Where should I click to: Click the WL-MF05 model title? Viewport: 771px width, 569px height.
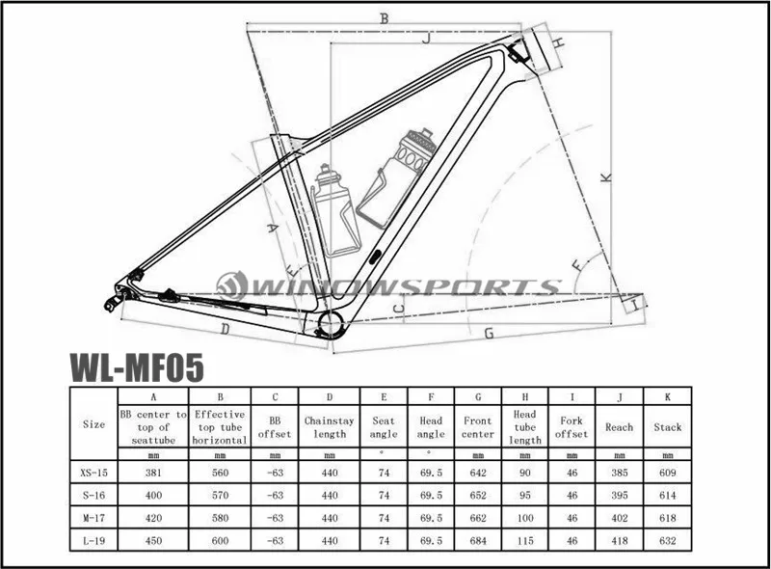(x=135, y=367)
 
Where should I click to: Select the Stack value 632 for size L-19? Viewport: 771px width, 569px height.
(x=667, y=540)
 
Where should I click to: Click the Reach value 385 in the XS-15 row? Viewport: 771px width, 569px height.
(x=620, y=474)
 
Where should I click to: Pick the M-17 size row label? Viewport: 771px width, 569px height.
(x=94, y=518)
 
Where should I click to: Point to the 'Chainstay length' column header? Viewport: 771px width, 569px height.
(x=330, y=426)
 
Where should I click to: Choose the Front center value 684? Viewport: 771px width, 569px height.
(x=477, y=540)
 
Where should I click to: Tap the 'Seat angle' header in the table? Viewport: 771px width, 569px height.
(x=384, y=426)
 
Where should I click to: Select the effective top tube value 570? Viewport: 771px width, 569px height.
(x=220, y=496)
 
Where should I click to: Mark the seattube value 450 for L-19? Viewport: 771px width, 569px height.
(x=152, y=540)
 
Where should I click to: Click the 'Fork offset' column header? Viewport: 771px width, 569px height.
(x=572, y=426)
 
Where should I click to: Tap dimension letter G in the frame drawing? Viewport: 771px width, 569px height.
(x=490, y=334)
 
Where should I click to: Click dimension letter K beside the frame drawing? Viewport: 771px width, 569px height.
(x=606, y=177)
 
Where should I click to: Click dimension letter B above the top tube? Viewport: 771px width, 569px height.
(x=383, y=18)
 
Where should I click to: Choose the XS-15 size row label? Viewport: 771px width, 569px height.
(x=94, y=474)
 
